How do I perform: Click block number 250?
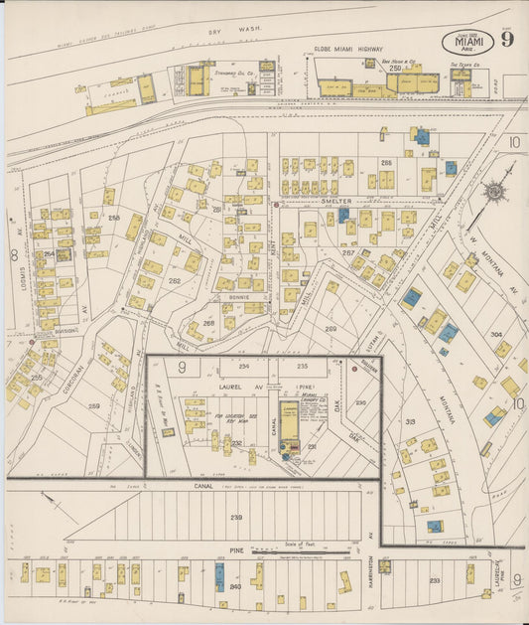click(395, 68)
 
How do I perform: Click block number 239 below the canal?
click(236, 518)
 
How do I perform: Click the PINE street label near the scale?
click(234, 548)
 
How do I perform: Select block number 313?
click(411, 421)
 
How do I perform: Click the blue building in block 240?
click(219, 573)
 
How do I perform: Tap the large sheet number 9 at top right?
click(507, 40)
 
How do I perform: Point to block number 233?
click(434, 580)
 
